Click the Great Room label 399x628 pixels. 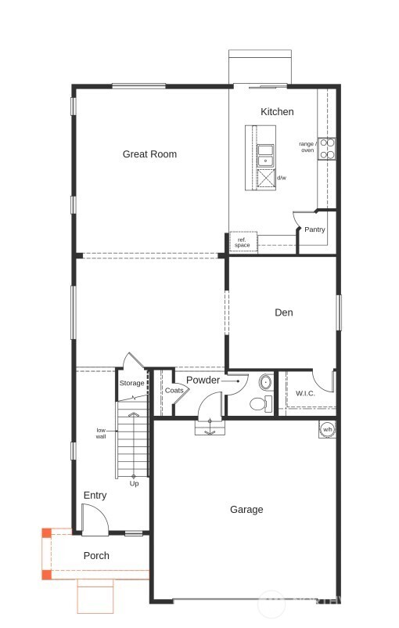click(x=149, y=154)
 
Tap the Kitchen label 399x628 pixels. click(x=277, y=112)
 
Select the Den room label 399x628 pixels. click(x=283, y=312)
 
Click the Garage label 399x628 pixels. click(x=246, y=510)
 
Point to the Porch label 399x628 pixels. click(x=96, y=556)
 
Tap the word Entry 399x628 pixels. click(x=95, y=496)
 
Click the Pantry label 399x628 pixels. click(x=315, y=229)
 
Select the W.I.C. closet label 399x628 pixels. click(x=305, y=393)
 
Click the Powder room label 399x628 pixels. click(x=203, y=381)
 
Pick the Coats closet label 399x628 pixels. click(x=174, y=390)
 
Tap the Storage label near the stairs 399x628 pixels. click(x=131, y=383)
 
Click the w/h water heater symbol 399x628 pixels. click(x=327, y=429)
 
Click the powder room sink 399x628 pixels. click(x=265, y=383)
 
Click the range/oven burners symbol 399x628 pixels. click(x=327, y=149)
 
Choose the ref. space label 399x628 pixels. click(x=242, y=243)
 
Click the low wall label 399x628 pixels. click(x=101, y=433)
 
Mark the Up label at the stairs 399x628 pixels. click(x=134, y=484)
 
